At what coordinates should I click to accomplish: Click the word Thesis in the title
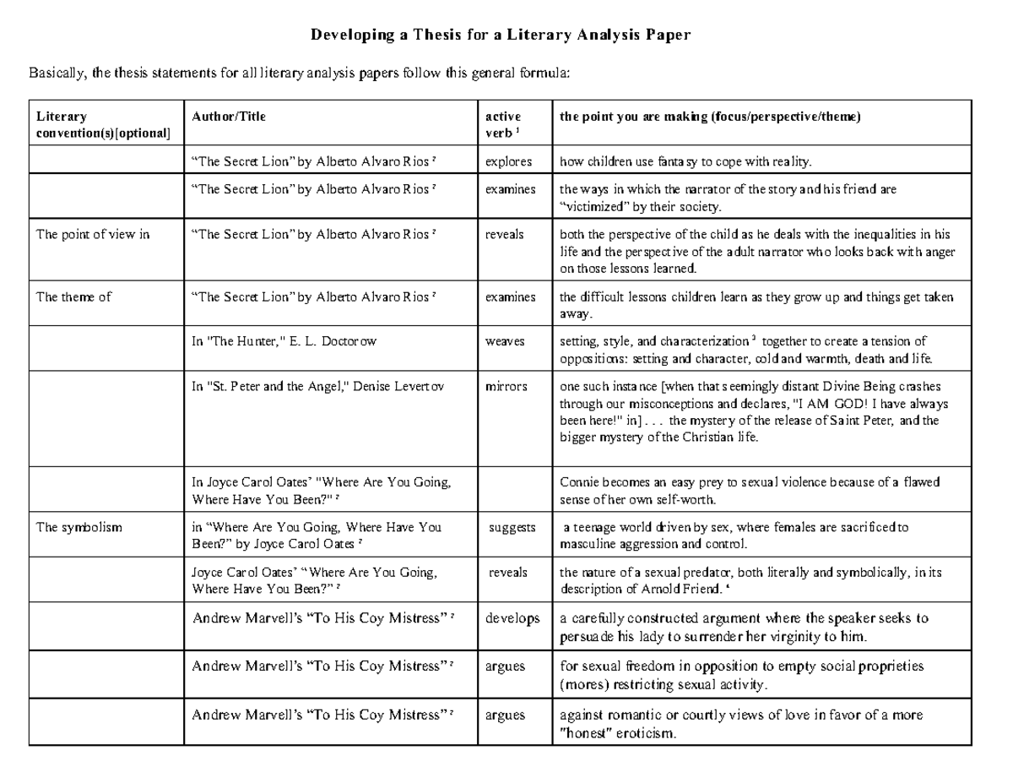coord(431,35)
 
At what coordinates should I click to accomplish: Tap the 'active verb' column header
coord(502,124)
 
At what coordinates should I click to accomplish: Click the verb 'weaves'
coord(504,341)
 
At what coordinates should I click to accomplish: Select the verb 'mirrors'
coord(506,386)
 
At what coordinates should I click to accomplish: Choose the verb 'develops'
coord(512,618)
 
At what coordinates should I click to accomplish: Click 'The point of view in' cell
coord(93,235)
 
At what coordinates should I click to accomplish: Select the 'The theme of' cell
coord(74,296)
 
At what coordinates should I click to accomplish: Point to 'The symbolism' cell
coord(79,527)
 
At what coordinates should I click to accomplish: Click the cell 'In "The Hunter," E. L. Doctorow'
coord(284,341)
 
